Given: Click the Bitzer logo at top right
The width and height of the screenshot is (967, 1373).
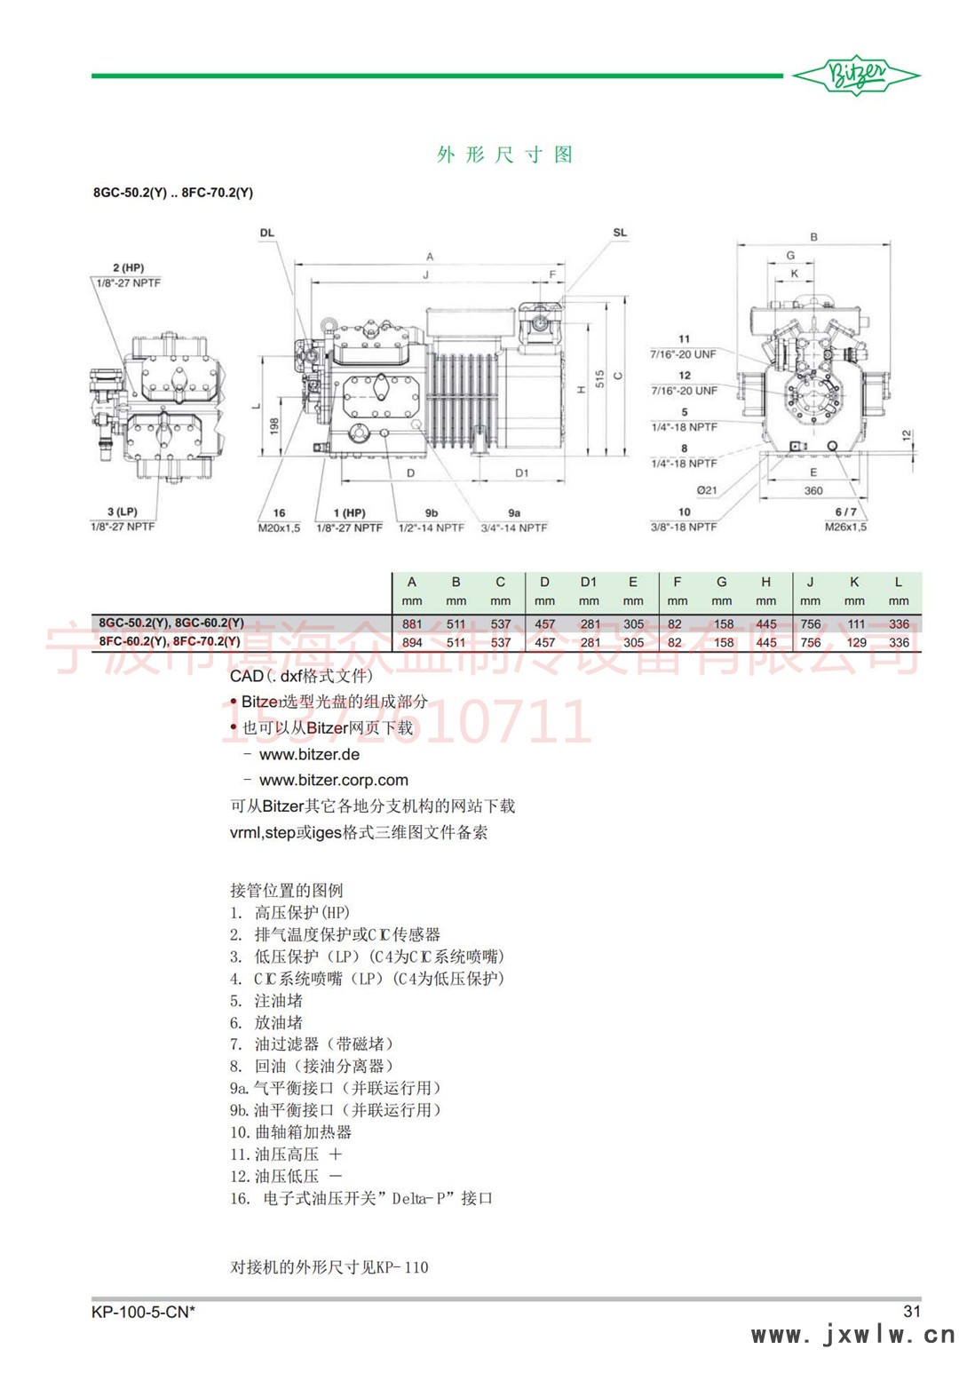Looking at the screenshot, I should tap(856, 76).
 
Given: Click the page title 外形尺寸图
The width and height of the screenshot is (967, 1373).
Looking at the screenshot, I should tap(504, 155).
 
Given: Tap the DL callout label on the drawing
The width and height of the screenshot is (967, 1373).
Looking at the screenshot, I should tap(267, 233).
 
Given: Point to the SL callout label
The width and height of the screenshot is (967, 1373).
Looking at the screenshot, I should tap(620, 233).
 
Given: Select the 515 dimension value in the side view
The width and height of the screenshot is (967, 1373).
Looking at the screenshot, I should tap(600, 378).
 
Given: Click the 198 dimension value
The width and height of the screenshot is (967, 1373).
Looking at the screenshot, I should tap(274, 427).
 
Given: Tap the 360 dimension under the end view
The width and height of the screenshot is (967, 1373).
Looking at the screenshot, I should tap(813, 490).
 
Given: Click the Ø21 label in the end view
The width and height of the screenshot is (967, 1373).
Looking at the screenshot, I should tap(706, 490).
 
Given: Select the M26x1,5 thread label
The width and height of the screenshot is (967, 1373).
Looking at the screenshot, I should tap(845, 527).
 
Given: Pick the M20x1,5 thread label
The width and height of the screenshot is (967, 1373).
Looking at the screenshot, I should tap(279, 528).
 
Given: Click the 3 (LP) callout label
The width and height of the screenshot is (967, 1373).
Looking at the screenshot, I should tap(123, 512).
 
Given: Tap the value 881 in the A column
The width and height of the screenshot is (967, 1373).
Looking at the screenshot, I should tap(412, 623).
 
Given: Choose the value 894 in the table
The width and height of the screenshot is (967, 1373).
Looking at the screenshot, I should tap(412, 642).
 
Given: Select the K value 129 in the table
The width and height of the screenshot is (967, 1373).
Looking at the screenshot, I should tap(856, 642).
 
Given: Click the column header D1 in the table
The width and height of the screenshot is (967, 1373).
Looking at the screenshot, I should tap(589, 582).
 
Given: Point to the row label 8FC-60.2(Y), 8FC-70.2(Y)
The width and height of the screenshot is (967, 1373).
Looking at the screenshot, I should tap(170, 641).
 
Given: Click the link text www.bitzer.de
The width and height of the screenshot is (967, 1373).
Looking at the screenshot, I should tap(309, 755).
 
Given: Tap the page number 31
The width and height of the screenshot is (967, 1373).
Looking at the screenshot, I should tap(912, 1311).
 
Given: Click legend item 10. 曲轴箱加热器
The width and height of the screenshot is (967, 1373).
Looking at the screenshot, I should tap(291, 1132).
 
